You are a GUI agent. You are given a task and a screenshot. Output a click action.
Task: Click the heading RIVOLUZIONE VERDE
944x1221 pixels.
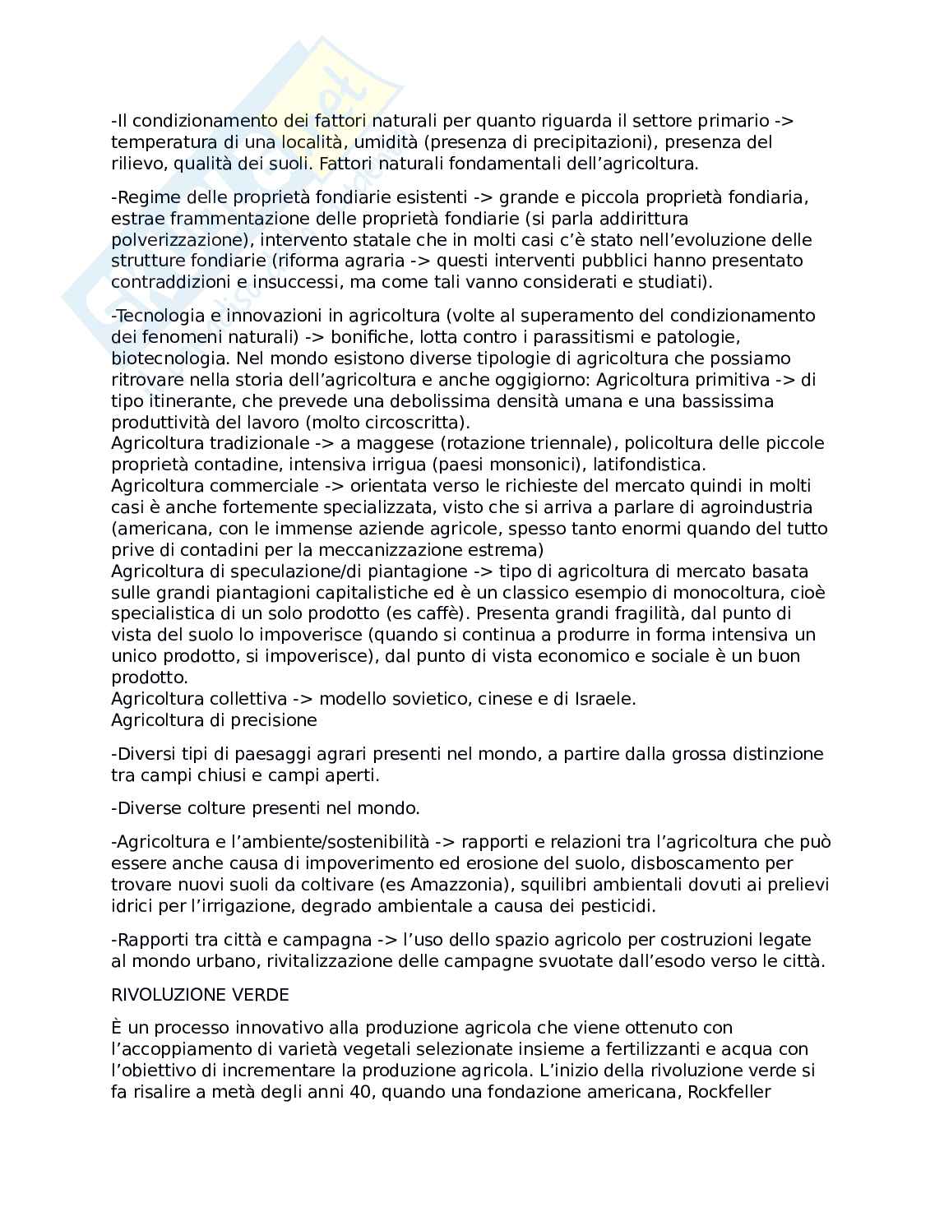pyautogui.click(x=200, y=995)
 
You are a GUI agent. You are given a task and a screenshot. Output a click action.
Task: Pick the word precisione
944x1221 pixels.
pyautogui.click(x=275, y=720)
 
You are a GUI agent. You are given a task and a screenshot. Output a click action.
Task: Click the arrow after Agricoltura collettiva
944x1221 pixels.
pyautogui.click(x=301, y=699)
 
